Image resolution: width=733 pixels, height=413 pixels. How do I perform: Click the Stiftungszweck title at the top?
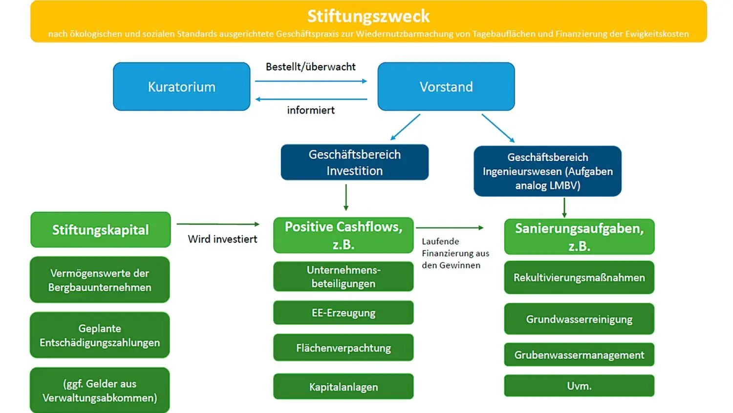coord(368,16)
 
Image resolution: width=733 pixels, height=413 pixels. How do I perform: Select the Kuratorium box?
coord(182,87)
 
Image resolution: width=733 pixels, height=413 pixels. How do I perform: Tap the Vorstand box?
coord(446,87)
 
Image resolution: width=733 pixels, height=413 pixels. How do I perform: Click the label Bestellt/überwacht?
coord(310,67)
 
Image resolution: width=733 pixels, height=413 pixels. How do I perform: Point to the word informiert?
coord(311,110)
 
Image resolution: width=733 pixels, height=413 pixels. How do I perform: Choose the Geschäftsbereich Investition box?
coord(354,162)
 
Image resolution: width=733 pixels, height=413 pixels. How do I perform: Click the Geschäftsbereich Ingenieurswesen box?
coord(547,171)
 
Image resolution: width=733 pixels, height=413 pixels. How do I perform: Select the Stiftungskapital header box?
coord(100,230)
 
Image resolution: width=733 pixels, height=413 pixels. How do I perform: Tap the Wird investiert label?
coord(222,239)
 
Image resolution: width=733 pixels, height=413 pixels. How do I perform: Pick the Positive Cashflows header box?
coord(343,235)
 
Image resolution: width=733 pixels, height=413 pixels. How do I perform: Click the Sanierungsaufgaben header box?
coord(579,237)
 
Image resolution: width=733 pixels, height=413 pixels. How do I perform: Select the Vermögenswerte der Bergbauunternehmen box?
coord(100,280)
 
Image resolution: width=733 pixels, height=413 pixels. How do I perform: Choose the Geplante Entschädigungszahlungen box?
coord(100,335)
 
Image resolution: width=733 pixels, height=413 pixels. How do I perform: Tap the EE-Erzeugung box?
coord(343,313)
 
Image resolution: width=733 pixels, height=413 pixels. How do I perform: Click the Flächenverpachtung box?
coord(343,348)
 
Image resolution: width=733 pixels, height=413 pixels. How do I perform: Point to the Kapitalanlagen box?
coord(343,387)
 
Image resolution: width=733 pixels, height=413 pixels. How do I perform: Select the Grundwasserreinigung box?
coord(579,319)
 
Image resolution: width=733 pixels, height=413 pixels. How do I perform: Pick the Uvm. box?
coord(579,386)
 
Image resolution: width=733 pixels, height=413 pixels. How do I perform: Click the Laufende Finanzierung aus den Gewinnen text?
coord(454,253)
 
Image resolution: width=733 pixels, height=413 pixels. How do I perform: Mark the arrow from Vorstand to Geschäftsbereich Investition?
coord(405,127)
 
